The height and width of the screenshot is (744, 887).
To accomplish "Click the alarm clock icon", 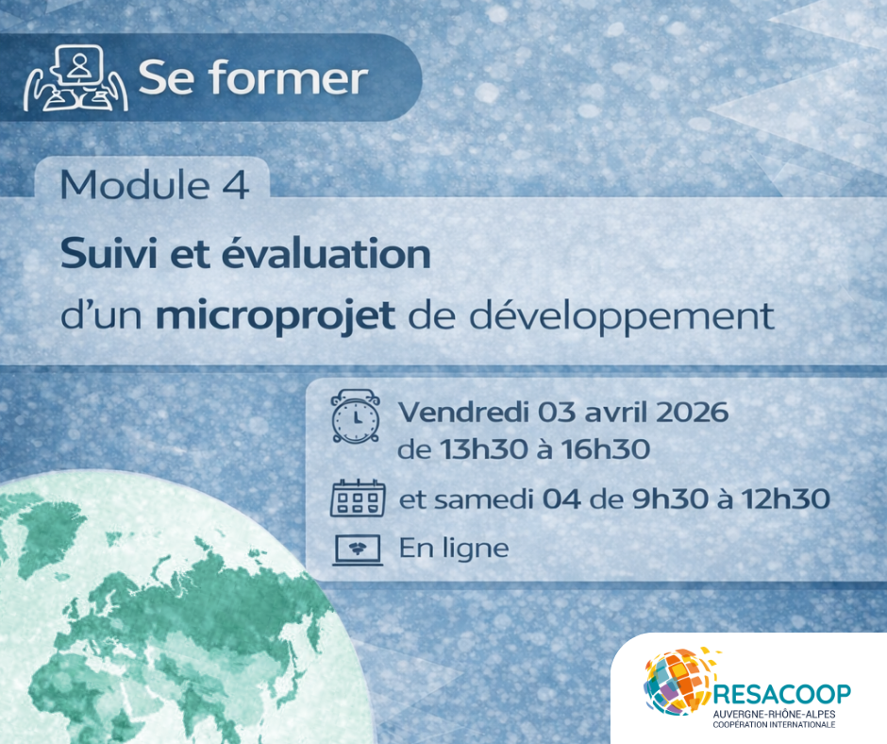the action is point(355,415).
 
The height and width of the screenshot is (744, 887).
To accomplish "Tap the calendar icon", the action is point(358,499).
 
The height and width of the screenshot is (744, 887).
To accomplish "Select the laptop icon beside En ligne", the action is point(358,550).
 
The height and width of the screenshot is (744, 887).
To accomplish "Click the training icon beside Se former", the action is point(75,77).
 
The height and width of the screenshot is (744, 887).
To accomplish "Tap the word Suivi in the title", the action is point(109,254).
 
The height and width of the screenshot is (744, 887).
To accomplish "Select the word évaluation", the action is point(326,254).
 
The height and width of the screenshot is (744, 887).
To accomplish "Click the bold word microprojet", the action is point(275,315).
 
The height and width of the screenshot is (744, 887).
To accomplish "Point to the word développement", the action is point(622,315).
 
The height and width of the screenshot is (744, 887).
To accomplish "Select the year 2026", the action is point(692,413).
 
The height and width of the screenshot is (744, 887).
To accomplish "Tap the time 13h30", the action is point(484,449).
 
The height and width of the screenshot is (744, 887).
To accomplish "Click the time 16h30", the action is point(605,449).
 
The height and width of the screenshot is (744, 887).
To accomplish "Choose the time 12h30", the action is point(785,499).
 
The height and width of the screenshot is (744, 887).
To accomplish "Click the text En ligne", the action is point(454,549).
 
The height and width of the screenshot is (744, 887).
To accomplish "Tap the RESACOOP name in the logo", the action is point(782,694).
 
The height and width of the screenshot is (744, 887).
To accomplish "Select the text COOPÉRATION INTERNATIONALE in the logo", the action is point(774,725).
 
